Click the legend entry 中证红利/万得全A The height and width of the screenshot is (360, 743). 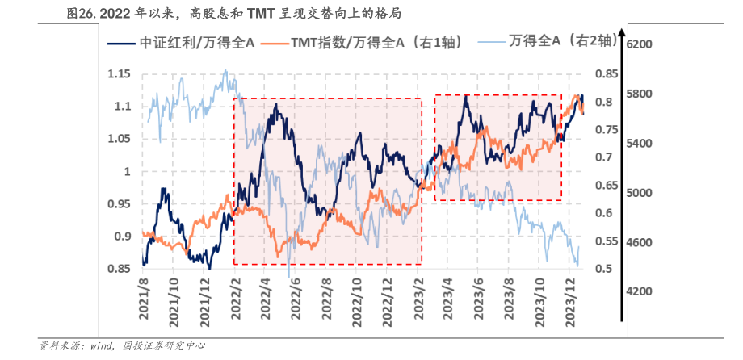click(x=187, y=42)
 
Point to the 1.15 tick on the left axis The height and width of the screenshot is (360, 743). click(x=119, y=74)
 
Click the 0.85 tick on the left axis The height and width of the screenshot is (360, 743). click(x=119, y=269)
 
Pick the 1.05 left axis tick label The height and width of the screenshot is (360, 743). click(x=119, y=139)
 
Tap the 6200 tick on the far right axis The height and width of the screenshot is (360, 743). click(x=644, y=44)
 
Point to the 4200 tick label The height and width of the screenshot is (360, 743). click(x=644, y=291)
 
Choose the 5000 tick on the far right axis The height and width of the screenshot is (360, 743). click(x=644, y=193)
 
